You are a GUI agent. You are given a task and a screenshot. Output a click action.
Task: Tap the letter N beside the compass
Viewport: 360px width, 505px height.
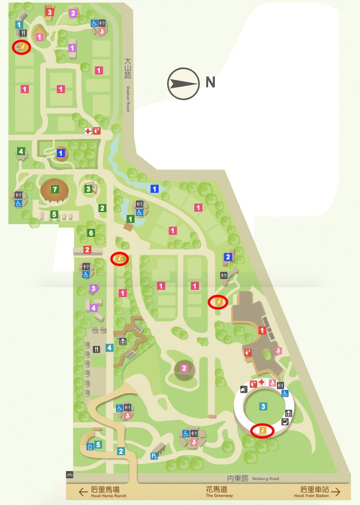tap(210, 83)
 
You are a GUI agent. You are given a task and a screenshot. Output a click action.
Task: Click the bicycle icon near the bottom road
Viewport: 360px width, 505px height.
tap(70, 475)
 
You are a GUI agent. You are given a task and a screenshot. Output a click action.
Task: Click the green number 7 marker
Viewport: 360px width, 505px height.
tap(55, 190)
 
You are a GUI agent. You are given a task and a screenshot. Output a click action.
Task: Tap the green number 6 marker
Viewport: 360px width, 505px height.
tap(90, 233)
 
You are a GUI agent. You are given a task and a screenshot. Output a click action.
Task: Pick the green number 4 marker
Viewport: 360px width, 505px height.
tap(21, 151)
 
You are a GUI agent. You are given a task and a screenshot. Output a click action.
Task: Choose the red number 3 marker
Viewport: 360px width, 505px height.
tap(49, 12)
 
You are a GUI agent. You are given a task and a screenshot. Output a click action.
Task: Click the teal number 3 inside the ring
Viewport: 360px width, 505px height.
tap(263, 407)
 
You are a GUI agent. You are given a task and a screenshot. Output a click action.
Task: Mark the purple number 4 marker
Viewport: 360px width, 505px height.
tap(94, 308)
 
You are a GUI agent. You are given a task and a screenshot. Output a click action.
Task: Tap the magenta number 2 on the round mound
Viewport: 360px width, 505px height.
tap(184, 368)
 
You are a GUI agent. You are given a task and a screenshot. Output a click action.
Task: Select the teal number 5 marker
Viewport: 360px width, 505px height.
tap(98, 445)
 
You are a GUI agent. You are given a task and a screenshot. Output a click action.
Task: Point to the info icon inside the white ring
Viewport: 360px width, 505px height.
tap(263, 430)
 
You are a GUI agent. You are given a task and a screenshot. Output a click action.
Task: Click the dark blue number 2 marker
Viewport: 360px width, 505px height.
tap(228, 257)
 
